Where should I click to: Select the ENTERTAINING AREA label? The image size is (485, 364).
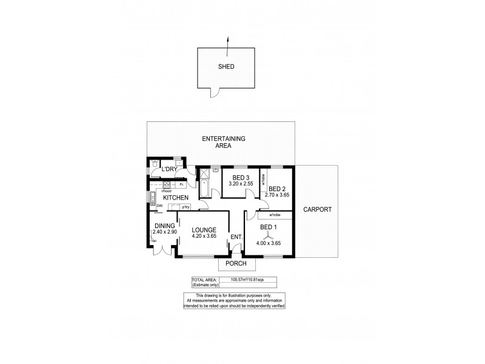223,142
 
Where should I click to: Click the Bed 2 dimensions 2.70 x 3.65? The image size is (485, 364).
277,195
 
